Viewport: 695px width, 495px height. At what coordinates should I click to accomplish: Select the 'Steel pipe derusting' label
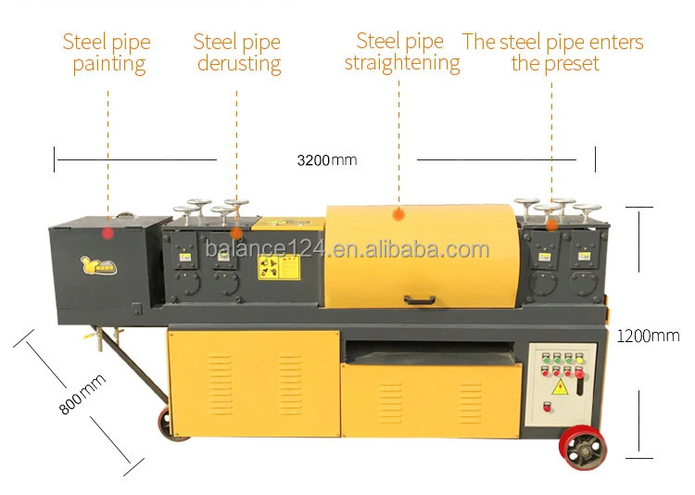(236, 53)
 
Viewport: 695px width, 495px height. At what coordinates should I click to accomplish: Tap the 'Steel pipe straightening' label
(401, 53)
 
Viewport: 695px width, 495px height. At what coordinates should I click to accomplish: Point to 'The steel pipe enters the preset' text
(553, 53)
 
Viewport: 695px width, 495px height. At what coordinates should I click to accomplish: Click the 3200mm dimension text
(326, 160)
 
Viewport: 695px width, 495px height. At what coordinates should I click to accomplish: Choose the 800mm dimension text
(82, 393)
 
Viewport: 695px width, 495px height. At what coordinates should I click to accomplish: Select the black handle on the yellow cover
(422, 299)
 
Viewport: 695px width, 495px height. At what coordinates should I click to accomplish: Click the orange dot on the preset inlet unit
(552, 223)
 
